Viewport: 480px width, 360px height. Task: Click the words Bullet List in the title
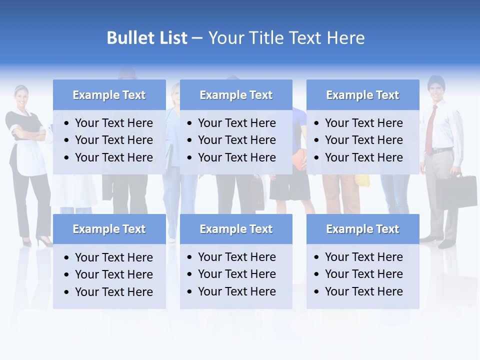coord(147,38)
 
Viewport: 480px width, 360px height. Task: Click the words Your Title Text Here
coord(286,38)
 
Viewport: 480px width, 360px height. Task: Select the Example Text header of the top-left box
coord(109,95)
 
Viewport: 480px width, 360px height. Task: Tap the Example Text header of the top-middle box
coord(236,95)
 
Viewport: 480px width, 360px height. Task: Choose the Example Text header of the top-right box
coord(362,95)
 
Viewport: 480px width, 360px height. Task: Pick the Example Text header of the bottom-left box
coord(109,229)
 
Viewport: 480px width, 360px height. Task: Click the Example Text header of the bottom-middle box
coord(236,229)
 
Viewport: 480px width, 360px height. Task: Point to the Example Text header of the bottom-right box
coord(362,229)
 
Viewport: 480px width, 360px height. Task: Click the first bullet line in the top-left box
coord(113,123)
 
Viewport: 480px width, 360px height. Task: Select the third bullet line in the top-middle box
coord(236,157)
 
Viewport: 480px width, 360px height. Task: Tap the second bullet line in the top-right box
coord(363,140)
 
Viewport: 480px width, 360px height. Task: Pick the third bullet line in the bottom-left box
coord(113,292)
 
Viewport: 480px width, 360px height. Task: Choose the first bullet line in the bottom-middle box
coord(236,257)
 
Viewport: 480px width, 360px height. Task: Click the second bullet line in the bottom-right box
coord(363,274)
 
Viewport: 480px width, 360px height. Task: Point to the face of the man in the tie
coord(436,90)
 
